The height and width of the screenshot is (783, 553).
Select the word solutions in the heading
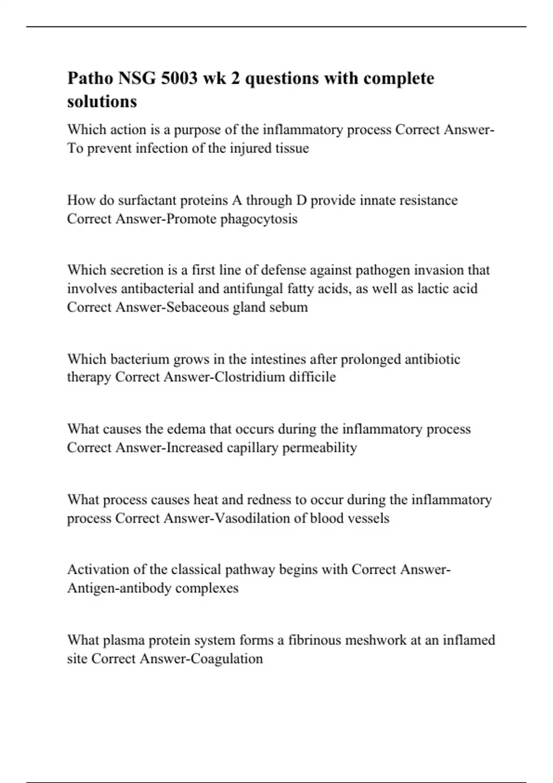[x=102, y=101]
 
